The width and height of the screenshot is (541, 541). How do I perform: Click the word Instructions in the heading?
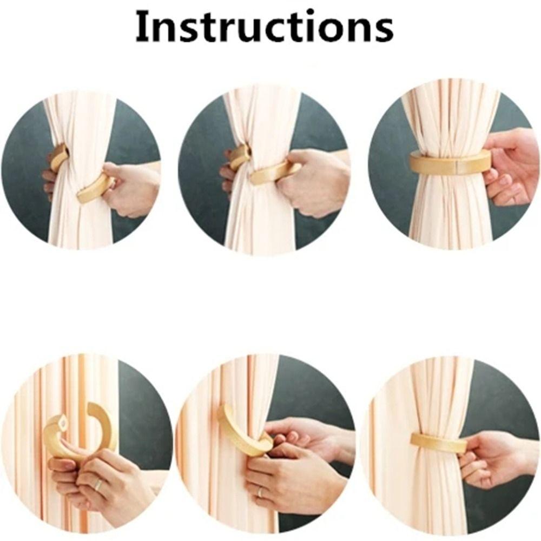pos(263,27)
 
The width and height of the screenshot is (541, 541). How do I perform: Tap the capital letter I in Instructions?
pos(142,27)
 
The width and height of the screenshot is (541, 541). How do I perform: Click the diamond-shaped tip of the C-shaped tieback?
pos(62,419)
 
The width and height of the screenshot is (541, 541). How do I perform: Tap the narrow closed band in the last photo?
pos(438,443)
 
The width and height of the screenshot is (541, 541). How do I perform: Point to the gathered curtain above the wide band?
pos(449,116)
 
